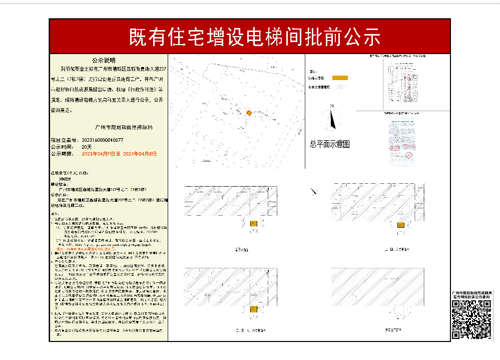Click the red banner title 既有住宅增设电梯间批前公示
click(255, 37)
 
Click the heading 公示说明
click(104, 59)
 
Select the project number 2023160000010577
click(102, 140)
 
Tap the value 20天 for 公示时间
click(87, 147)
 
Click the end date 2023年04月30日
click(140, 154)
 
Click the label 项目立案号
click(65, 140)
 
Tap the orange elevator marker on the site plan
click(249, 113)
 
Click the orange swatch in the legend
click(340, 78)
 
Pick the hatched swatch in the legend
click(340, 87)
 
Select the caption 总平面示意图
click(329, 144)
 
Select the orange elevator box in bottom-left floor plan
click(253, 309)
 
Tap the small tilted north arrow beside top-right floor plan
click(313, 191)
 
